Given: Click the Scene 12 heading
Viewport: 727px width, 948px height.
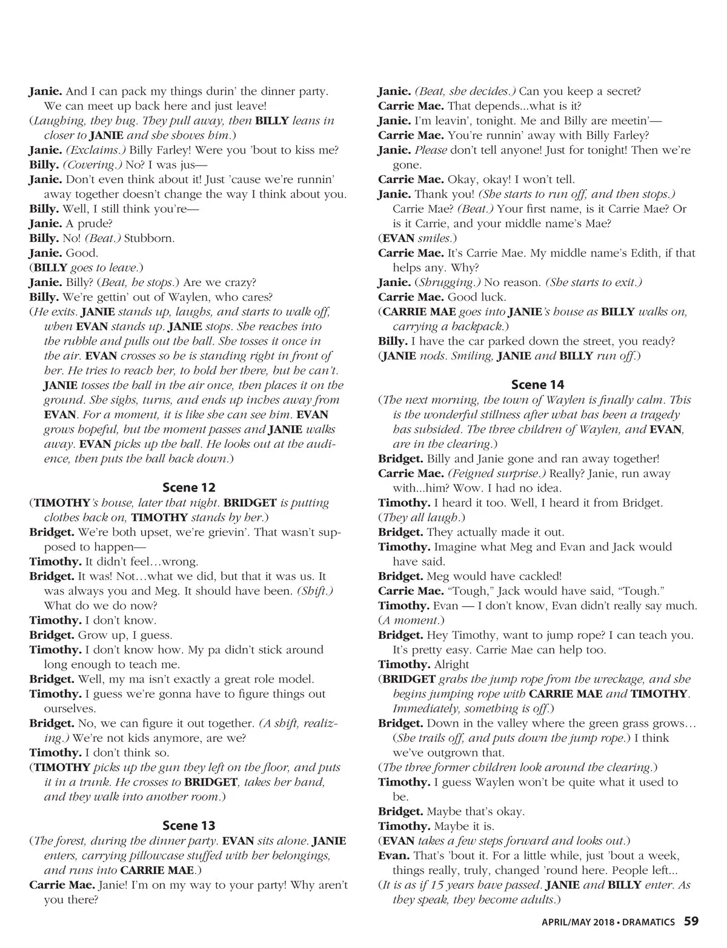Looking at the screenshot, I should (x=188, y=487).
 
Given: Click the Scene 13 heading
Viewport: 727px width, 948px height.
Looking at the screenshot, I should (x=188, y=826).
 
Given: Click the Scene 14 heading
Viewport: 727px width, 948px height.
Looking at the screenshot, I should (x=537, y=384).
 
